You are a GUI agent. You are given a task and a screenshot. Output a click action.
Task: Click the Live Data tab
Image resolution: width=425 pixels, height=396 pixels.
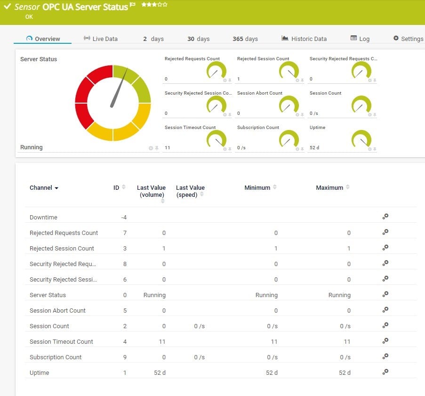point(100,39)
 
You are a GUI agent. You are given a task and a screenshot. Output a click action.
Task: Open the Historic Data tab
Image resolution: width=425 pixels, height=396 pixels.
point(304,39)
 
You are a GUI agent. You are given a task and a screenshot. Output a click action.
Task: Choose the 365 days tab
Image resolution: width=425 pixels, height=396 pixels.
point(245,39)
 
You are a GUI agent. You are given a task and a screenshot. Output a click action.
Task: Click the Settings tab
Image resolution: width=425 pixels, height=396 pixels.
point(408,39)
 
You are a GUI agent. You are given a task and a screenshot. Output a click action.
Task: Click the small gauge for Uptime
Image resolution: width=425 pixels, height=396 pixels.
point(361,140)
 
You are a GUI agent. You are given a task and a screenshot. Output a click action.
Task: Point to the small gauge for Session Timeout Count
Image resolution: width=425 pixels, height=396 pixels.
point(217,140)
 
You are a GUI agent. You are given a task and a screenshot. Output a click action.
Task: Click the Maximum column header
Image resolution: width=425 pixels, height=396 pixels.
point(329,187)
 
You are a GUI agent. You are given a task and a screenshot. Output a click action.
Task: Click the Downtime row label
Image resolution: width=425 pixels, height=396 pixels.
point(43,218)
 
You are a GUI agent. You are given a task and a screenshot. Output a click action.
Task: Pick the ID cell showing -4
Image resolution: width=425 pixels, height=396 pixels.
point(124,218)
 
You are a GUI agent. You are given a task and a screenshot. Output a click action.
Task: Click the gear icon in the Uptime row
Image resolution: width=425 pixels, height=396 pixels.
point(385,372)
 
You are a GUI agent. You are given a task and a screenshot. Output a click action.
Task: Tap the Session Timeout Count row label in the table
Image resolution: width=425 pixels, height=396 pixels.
point(61,342)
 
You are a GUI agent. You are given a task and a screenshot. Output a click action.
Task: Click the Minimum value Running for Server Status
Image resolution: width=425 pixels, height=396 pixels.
point(266,295)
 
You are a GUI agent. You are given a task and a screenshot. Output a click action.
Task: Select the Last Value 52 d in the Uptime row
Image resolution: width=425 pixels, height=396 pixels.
point(160,373)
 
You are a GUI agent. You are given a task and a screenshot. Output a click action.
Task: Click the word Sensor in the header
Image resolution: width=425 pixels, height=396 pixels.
point(27,7)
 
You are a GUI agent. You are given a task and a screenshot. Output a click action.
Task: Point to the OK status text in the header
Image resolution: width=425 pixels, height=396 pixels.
point(29,17)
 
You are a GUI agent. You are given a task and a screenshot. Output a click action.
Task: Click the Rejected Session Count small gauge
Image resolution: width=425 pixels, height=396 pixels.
point(289,71)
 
